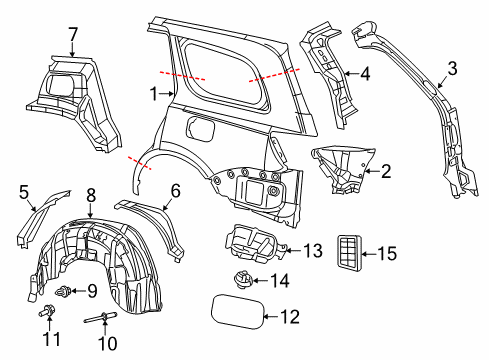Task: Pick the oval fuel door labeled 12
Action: point(237,311)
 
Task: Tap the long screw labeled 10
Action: point(105,321)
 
